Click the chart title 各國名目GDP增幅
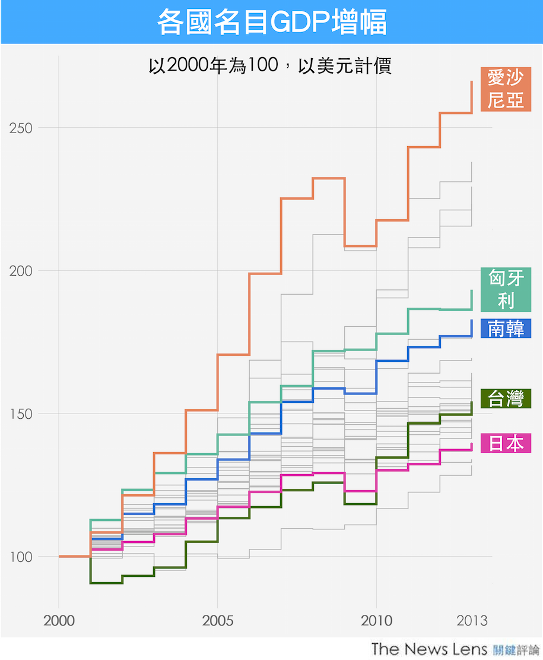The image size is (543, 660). (x=272, y=22)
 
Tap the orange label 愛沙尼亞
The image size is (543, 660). (x=506, y=89)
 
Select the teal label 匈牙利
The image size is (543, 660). (x=506, y=289)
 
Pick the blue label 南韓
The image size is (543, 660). (x=506, y=329)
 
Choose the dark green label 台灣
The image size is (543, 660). (x=506, y=399)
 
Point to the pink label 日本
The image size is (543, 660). (x=506, y=443)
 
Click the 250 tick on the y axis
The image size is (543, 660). (x=23, y=128)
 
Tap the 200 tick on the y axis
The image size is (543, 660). (x=23, y=271)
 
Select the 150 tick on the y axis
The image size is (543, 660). (x=23, y=414)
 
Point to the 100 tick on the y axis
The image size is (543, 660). (x=23, y=557)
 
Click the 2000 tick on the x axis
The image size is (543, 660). (x=59, y=621)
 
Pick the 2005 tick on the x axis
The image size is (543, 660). (x=218, y=621)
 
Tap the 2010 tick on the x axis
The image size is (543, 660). (x=377, y=621)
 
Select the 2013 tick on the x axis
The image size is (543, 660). (x=472, y=621)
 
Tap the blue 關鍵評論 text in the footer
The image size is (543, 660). (x=516, y=649)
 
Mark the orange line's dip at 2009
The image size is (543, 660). (x=360, y=246)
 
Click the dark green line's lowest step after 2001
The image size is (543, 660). (x=106, y=583)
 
